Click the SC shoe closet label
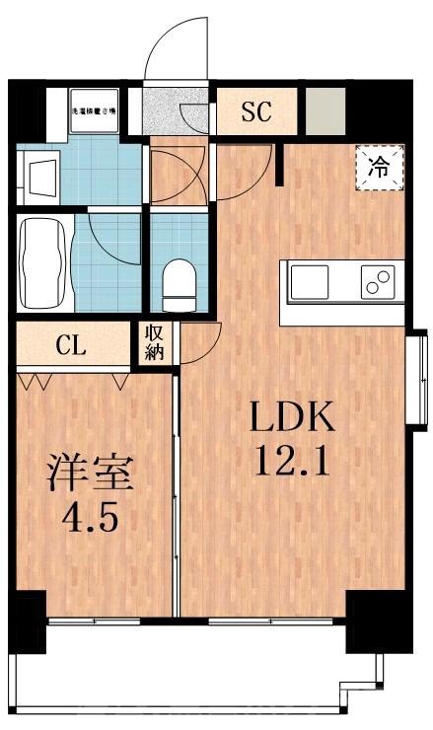pyautogui.click(x=255, y=110)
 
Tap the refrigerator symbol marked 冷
pyautogui.click(x=379, y=167)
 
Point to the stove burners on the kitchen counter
pyautogui.click(x=377, y=283)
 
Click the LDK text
pyautogui.click(x=292, y=419)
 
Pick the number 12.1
pyautogui.click(x=292, y=461)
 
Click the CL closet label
pyautogui.click(x=70, y=345)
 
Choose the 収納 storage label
pyautogui.click(x=155, y=345)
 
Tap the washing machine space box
pyautogui.click(x=94, y=110)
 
